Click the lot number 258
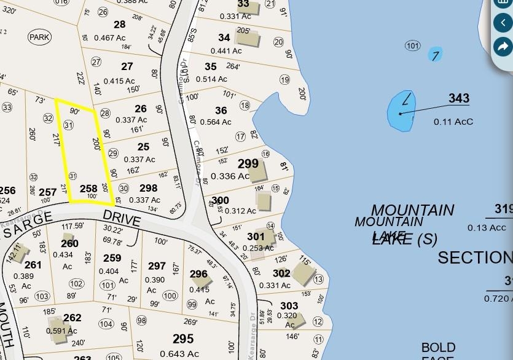(88, 189)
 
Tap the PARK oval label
(39, 37)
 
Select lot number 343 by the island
(458, 98)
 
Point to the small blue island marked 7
(435, 55)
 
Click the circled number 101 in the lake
(412, 46)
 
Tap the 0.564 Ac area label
(215, 122)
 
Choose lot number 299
(248, 163)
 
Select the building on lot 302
(302, 274)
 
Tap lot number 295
(183, 338)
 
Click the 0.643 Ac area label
(179, 353)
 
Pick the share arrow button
(503, 46)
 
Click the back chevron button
(503, 23)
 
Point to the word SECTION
(474, 257)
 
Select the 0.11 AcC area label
(453, 122)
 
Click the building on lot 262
(57, 325)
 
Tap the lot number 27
(127, 66)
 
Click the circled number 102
(76, 284)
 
